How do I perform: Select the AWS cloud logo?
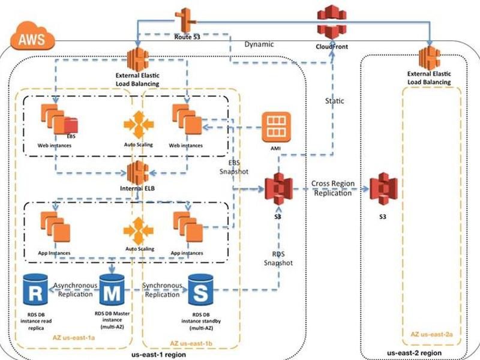coord(32,36)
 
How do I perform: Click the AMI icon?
coord(276,127)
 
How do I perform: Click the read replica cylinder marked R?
coord(35,290)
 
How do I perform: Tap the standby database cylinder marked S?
coord(200,290)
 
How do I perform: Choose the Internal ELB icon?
coord(138,173)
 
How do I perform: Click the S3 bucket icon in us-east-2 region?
coord(383,189)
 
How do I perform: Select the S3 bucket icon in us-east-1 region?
coord(278,189)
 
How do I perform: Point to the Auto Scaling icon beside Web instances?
coord(139,125)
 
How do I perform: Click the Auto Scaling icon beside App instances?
coord(139,230)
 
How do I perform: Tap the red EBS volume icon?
coord(71,125)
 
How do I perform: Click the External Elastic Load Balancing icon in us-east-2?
coord(430,57)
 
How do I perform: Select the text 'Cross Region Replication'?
coord(333,188)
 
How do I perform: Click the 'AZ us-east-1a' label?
coord(74,338)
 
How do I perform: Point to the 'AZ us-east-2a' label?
coord(431,334)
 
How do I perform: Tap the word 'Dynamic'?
coord(259,44)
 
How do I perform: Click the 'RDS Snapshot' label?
coord(278,259)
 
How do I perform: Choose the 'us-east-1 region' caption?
coord(158,355)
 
